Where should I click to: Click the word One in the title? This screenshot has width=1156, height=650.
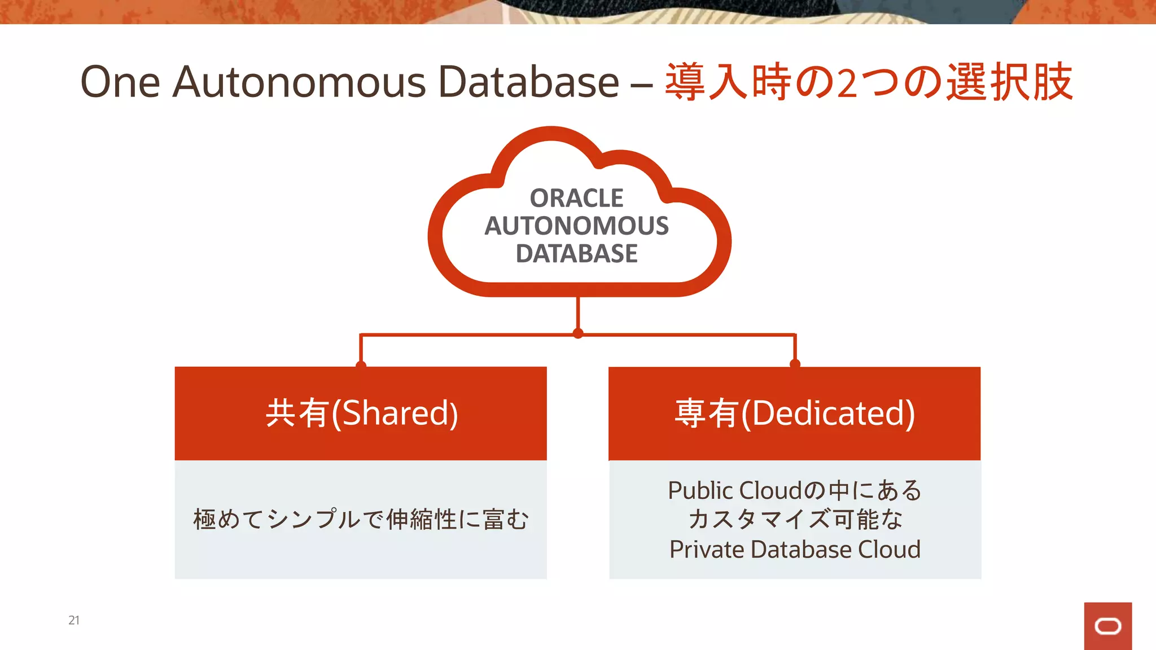coord(120,82)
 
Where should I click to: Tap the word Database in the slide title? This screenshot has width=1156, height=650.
coord(528,82)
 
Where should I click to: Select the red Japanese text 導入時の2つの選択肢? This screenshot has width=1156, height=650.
coord(869,82)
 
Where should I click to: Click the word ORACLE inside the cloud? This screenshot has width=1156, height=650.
coord(576,198)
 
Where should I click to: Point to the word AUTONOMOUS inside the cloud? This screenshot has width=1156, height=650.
coord(576,226)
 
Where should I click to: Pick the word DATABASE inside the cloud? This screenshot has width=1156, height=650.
coord(576,253)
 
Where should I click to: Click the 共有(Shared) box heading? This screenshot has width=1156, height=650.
coord(361,413)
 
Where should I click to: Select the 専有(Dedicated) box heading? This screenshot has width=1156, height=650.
coord(795,413)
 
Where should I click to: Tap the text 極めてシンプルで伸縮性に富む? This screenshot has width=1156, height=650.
coord(361,519)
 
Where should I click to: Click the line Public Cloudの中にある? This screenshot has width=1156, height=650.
coord(795,490)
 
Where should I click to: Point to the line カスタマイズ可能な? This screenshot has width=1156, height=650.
coord(795,519)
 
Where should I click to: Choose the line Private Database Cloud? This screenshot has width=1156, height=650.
coord(795,549)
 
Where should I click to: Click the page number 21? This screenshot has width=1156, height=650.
coord(74,620)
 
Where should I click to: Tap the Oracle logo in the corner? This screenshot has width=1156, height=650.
coord(1107,626)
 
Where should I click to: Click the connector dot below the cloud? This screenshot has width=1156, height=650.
coord(577,333)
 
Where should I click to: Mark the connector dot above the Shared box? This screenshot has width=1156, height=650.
coord(361,365)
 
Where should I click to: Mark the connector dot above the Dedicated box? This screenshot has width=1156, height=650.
coord(795,364)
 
